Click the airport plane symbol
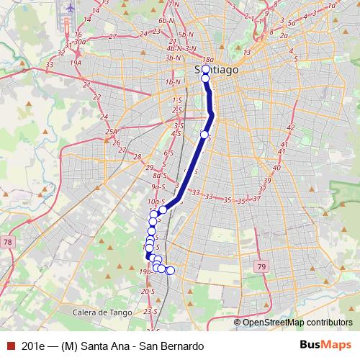71,8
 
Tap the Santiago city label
217,70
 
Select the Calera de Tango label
101,312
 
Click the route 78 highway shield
6,242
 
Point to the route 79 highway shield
260,267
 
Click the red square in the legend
9,346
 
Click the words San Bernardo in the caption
167,346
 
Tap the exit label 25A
111,132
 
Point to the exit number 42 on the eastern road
291,127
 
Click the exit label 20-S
149,292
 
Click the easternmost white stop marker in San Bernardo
171,271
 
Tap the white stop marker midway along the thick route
204,135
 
